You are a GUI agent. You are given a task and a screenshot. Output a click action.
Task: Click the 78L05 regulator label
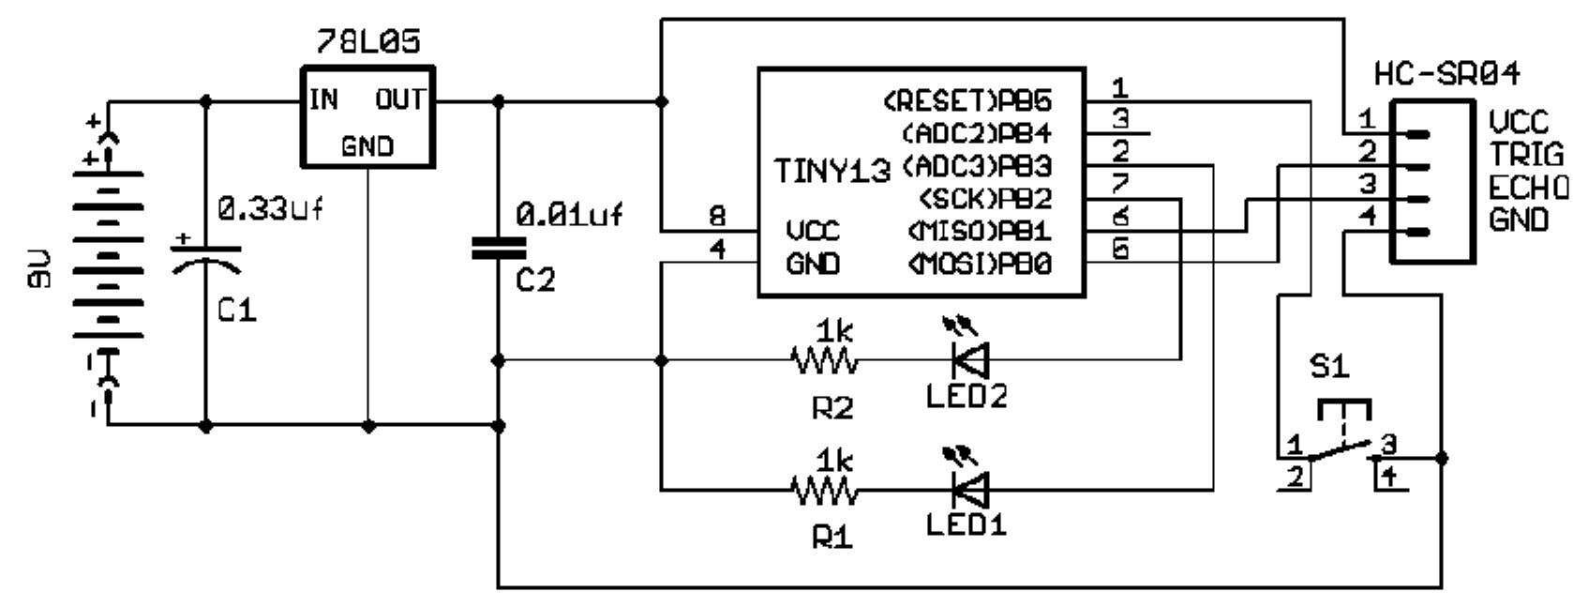point(367,42)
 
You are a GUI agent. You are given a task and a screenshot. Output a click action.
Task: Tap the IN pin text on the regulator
point(324,99)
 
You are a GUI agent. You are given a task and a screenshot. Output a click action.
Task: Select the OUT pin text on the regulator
point(400,99)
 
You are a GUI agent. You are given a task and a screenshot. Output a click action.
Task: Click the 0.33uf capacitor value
point(271,209)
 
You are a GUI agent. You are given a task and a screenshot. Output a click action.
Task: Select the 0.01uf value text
point(570,216)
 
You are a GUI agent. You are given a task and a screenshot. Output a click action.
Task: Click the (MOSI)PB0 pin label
point(979,265)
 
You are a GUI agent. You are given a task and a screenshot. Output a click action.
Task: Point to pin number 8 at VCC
point(717,218)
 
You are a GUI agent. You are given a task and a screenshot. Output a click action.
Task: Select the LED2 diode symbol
point(969,358)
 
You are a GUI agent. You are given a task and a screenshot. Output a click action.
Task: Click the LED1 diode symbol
point(969,488)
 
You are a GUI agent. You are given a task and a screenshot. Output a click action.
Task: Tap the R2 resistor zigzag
point(823,359)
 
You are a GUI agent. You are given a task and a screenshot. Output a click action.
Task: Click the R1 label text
point(831,538)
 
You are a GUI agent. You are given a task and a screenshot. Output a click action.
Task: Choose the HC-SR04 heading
point(1446,73)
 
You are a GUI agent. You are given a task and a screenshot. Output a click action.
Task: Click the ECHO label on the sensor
point(1527,188)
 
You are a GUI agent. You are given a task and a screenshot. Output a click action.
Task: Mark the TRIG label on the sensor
point(1526,155)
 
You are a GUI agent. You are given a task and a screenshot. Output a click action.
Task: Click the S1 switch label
point(1328,367)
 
